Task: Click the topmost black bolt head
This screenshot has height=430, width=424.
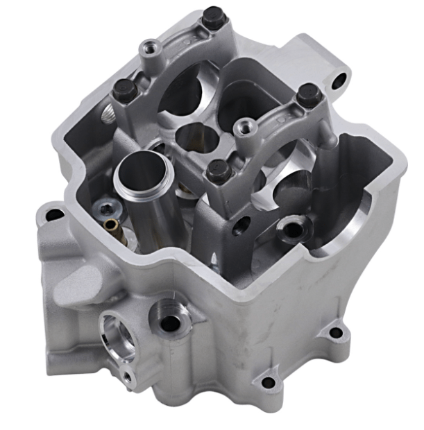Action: coord(214,15)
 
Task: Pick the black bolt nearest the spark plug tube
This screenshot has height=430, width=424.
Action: coord(219,168)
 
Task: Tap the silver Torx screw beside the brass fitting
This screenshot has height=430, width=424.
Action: coord(106,207)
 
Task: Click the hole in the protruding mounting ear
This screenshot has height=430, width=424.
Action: coord(338,80)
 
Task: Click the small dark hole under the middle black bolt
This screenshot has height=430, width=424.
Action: coord(242,225)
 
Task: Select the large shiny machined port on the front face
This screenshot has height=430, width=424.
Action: coord(115,331)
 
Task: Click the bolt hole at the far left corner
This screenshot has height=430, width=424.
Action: coord(52,215)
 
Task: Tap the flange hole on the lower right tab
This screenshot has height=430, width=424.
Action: coord(336,332)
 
